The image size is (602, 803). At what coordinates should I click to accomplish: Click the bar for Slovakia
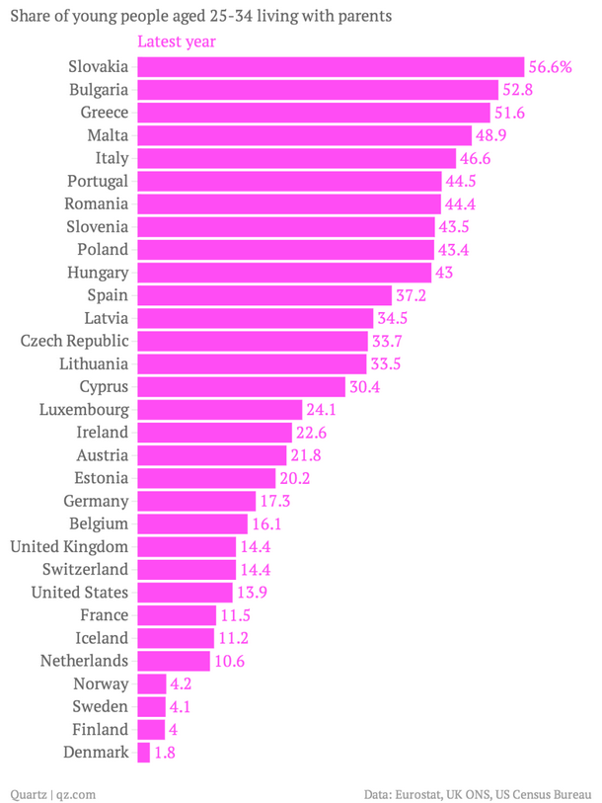click(x=331, y=66)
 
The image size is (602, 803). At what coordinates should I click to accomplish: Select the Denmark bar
click(x=144, y=753)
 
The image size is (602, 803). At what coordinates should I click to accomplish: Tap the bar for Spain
click(x=264, y=295)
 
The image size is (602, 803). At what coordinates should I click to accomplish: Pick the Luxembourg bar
click(x=219, y=409)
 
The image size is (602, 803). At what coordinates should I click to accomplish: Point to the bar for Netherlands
click(x=174, y=661)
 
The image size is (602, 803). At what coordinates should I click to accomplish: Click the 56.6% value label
click(x=551, y=66)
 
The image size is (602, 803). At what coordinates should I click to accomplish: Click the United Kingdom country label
click(x=69, y=546)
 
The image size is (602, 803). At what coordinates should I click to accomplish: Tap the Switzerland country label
click(x=86, y=569)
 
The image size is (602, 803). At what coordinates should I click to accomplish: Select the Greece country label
click(x=104, y=112)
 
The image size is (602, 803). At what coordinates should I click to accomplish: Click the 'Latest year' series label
click(x=177, y=41)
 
